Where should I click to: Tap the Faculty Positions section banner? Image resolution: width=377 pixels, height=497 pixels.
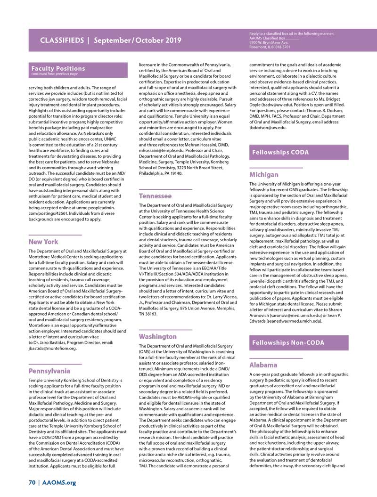[58, 68]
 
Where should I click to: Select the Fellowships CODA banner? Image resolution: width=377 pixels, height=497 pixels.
[280, 152]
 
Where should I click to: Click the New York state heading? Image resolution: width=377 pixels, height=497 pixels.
[43, 242]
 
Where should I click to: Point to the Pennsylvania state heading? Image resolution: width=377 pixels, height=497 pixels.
[49, 371]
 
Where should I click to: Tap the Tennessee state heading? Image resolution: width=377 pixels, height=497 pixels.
[155, 196]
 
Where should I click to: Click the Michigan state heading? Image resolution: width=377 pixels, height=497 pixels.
[263, 174]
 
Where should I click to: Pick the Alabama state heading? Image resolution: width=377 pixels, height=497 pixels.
[263, 365]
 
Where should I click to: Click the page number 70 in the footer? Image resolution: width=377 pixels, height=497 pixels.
[32, 482]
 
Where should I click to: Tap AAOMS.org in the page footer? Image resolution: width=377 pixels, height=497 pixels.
[58, 482]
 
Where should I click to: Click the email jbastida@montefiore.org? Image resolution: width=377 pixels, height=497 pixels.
[52, 349]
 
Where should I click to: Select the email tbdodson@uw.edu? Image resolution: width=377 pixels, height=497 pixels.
[267, 127]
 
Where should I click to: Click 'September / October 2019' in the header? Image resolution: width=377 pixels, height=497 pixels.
[137, 41]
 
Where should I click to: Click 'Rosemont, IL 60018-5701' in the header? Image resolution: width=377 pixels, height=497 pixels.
[270, 47]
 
